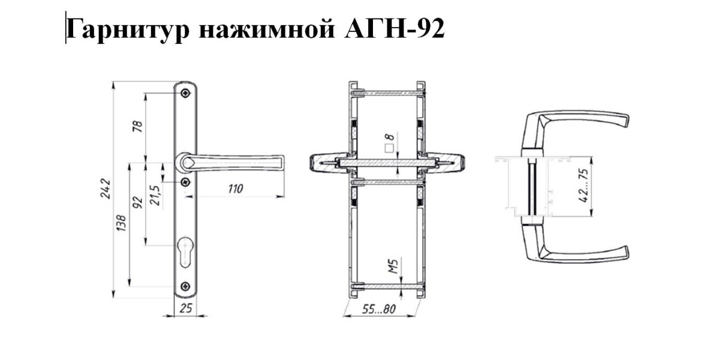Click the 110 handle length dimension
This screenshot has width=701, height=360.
coord(234,189)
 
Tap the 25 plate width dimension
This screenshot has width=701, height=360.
coord(186,309)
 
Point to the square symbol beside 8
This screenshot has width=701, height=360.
coord(389,146)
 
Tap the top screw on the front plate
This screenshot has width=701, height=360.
coord(186,93)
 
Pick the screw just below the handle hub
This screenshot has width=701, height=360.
coord(186,181)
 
